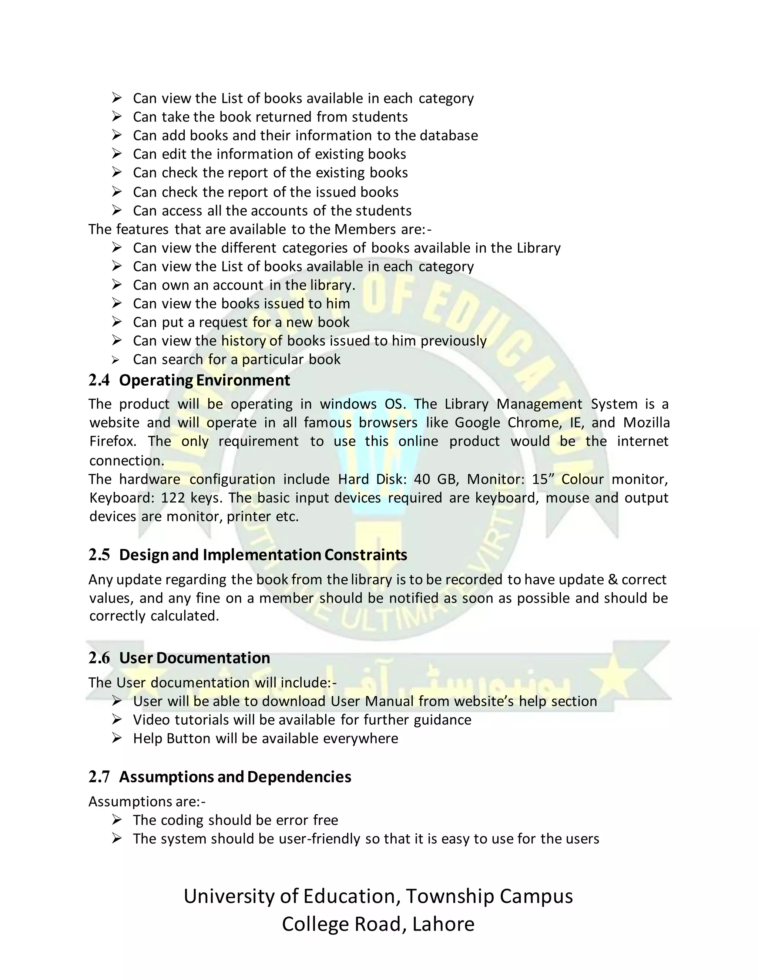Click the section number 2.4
99,381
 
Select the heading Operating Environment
204,381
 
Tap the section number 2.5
99,555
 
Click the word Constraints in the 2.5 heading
366,555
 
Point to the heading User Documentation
194,658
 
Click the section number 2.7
99,777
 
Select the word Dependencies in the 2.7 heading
299,777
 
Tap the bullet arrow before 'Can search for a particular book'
116,360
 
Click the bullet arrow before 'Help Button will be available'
117,738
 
